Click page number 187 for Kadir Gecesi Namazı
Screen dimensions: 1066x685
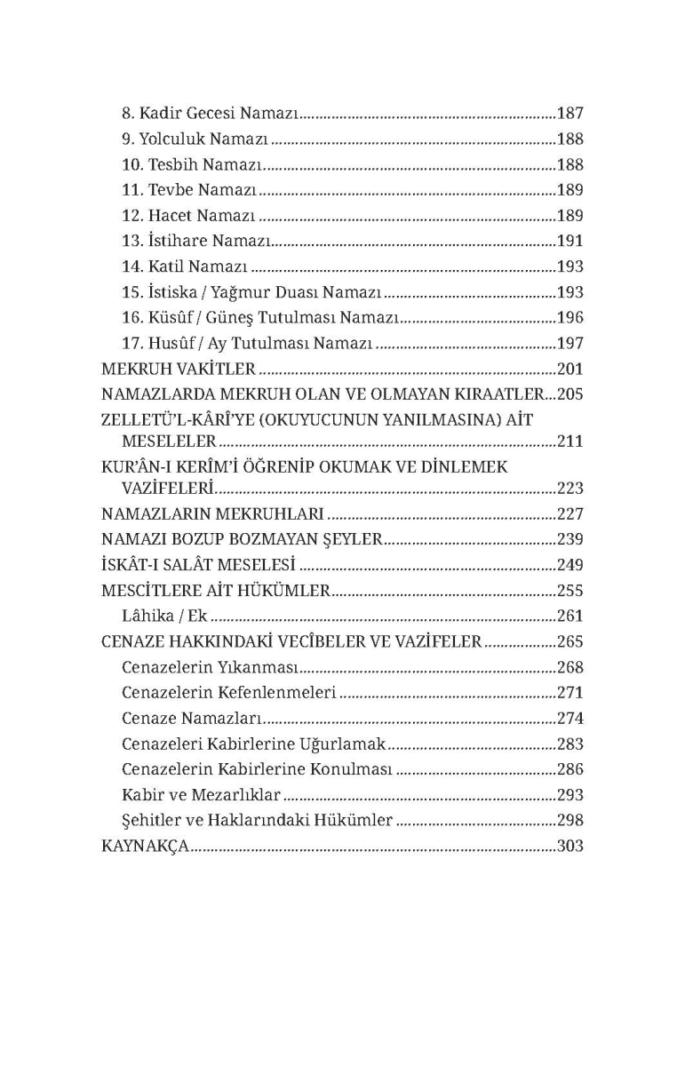pos(570,114)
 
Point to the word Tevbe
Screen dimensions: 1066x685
pos(169,190)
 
